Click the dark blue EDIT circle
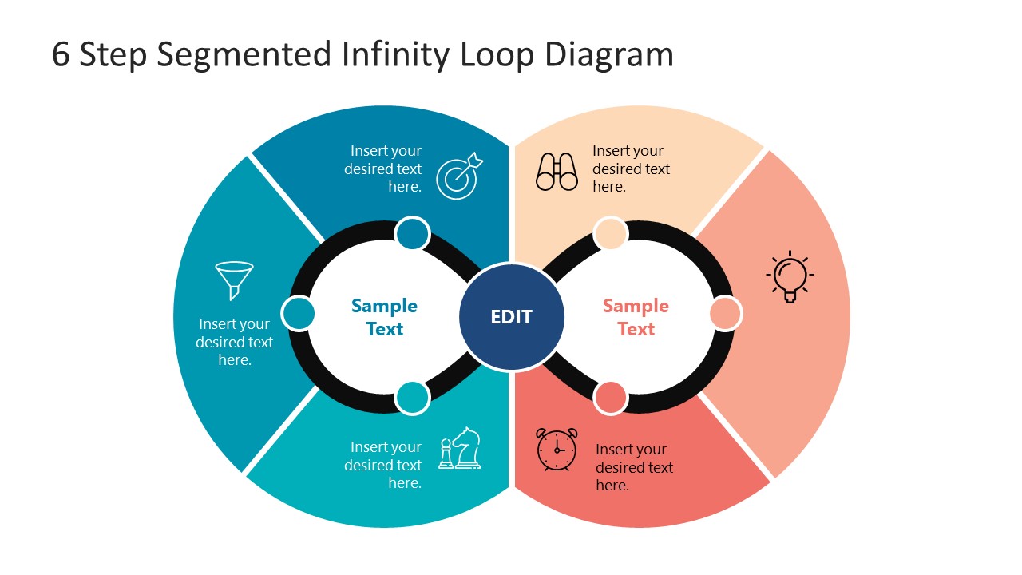512,317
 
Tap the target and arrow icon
459,176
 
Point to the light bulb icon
790,276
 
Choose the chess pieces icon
460,449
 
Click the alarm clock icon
557,450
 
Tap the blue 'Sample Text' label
384,317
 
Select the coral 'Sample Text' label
636,317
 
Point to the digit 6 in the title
61,55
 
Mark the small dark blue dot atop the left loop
412,235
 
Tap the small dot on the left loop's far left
299,314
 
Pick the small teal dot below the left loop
412,398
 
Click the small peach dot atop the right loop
611,235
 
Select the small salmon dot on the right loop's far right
725,314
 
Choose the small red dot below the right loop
611,398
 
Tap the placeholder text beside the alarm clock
634,467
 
